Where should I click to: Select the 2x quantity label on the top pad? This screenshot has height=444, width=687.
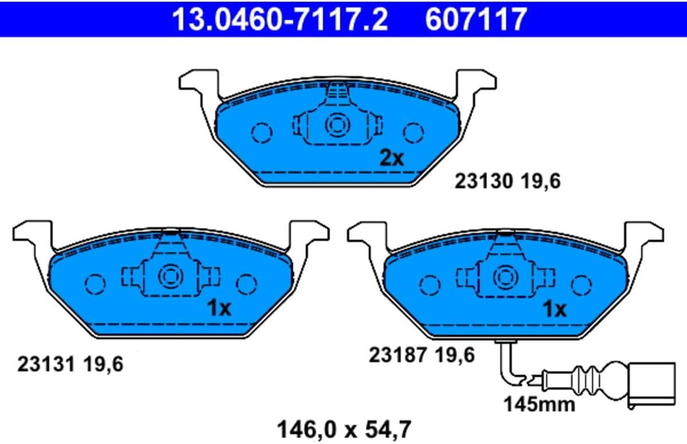[392, 158]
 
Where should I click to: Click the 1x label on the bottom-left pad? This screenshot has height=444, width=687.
[219, 309]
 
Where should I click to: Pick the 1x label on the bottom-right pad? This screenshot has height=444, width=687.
[553, 309]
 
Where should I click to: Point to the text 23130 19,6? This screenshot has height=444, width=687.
[507, 182]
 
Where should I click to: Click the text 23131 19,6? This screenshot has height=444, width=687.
[69, 364]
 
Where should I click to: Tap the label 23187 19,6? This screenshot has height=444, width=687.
[421, 355]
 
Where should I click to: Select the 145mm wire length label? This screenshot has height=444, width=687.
[539, 403]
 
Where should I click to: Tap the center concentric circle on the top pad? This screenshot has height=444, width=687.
[336, 125]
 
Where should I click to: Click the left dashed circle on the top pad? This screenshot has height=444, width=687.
[261, 132]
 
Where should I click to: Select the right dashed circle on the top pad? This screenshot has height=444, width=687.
[413, 132]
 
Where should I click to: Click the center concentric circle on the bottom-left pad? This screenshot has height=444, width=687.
[170, 276]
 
